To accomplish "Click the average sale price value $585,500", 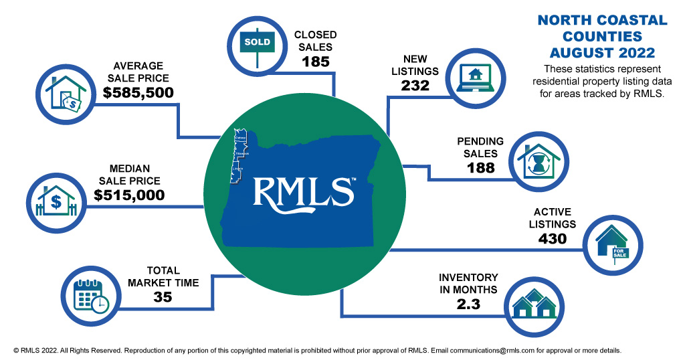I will (138, 92).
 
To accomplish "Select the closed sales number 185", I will (316, 62).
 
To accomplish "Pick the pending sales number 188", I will (480, 167).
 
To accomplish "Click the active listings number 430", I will (552, 238).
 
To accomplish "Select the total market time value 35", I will (163, 297).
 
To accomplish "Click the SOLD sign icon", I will (258, 42).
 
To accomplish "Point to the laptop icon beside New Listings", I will (475, 78).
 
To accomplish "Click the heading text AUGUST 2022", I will (602, 52).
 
